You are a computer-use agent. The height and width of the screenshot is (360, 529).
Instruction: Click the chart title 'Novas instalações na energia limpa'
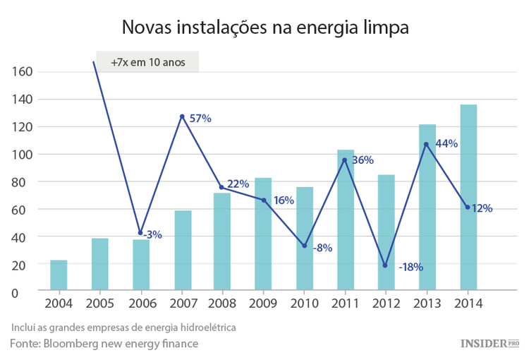[x=264, y=28]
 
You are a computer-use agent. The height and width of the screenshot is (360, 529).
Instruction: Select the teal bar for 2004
[x=59, y=275]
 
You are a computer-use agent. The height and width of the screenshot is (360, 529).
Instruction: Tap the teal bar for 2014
[x=468, y=198]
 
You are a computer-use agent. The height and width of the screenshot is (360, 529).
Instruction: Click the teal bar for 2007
[x=183, y=251]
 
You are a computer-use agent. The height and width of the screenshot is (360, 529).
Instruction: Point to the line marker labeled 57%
[x=182, y=116]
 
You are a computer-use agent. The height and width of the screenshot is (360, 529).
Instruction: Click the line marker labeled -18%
[x=385, y=265]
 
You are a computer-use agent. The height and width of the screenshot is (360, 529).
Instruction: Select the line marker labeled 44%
[x=426, y=145]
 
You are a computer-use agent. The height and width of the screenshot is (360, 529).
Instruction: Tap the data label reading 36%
[x=363, y=160]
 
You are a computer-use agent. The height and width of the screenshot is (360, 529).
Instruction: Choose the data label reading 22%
[x=238, y=184]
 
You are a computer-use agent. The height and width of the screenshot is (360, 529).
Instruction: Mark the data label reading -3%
[x=152, y=234]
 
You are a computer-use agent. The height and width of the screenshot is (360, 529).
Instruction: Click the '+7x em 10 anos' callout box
[x=147, y=62]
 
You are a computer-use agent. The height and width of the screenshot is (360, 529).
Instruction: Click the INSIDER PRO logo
[x=489, y=344]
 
